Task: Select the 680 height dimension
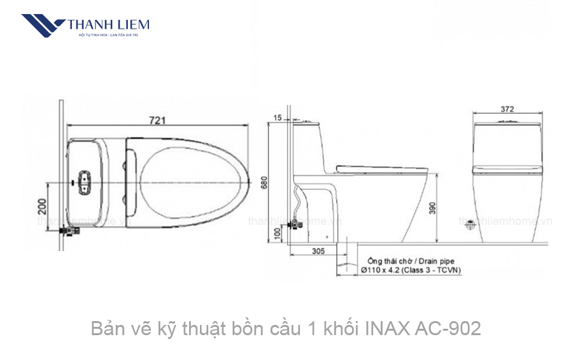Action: pyautogui.click(x=264, y=184)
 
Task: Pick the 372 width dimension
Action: pyautogui.click(x=507, y=109)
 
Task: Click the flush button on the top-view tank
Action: pyautogui.click(x=84, y=182)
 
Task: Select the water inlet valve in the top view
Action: pyautogui.click(x=67, y=231)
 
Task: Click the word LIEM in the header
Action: pyautogui.click(x=131, y=25)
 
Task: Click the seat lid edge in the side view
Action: pyautogui.click(x=382, y=168)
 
